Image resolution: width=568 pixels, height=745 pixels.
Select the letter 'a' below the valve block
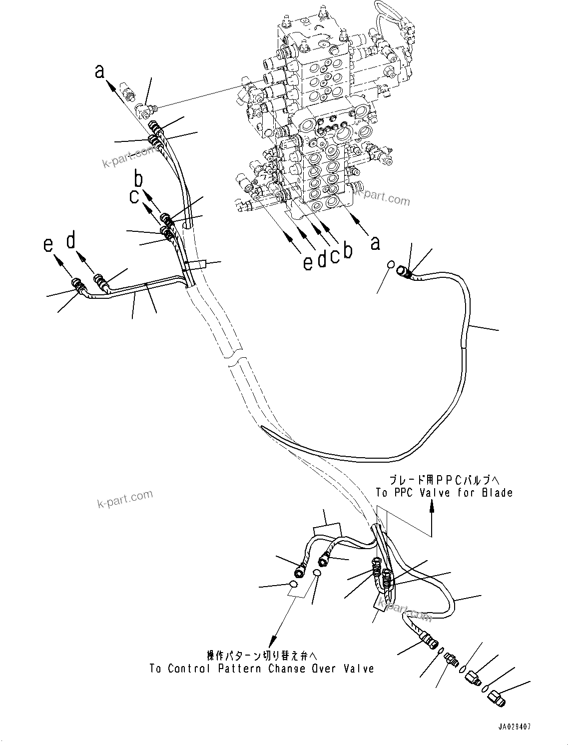pyautogui.click(x=375, y=243)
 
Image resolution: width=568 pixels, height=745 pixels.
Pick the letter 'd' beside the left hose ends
pyautogui.click(x=72, y=241)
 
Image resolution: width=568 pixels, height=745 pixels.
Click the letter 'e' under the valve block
pyautogui.click(x=308, y=262)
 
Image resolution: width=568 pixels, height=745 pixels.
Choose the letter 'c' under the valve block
pyautogui.click(x=335, y=256)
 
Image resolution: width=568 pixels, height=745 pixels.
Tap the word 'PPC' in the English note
pyautogui.click(x=414, y=493)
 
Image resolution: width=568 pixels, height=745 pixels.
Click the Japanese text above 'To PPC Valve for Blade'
pyautogui.click(x=444, y=479)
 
